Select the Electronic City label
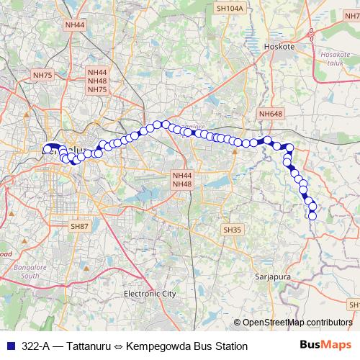pos(150,294)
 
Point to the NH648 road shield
pos(271,113)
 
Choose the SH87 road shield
pos(79,226)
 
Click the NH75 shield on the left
pos(43,75)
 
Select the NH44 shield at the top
pos(75,25)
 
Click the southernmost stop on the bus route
pos(312,216)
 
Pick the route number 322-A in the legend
pos(37,346)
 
